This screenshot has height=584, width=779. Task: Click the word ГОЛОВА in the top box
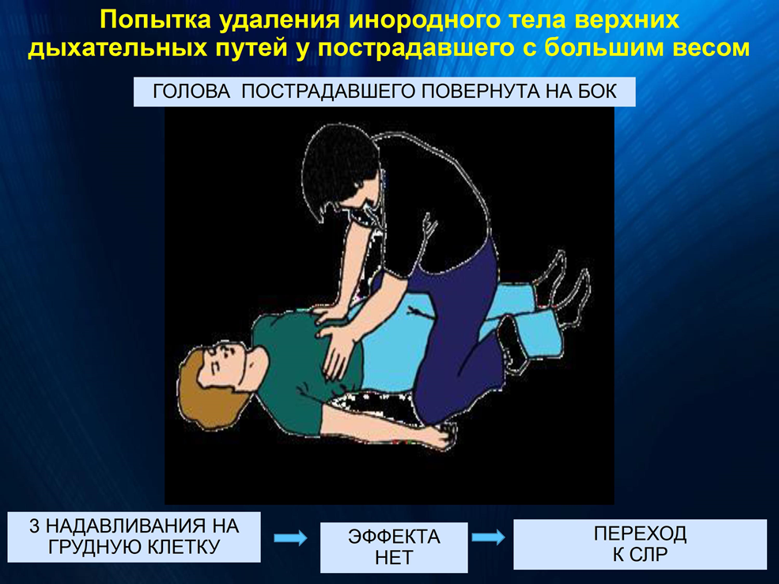(191, 92)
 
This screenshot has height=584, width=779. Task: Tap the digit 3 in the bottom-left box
(34, 526)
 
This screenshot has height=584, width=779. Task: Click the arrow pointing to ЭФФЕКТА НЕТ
(290, 537)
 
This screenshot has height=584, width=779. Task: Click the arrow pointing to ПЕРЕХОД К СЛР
(489, 537)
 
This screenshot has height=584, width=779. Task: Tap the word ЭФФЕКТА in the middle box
(394, 537)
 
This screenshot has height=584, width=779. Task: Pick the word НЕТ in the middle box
(394, 558)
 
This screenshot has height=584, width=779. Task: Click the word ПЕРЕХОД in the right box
(640, 533)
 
